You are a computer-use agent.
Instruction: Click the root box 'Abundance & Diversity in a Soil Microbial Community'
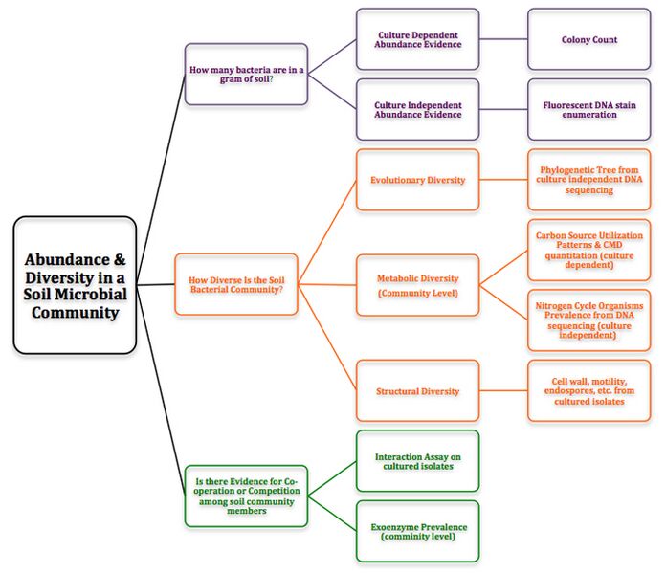[75, 285]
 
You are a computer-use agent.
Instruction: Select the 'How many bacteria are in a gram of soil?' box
[246, 74]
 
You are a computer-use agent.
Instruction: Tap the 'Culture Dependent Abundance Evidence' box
[417, 39]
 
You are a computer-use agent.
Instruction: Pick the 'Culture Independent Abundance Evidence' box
[417, 108]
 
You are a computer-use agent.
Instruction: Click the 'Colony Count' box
[588, 39]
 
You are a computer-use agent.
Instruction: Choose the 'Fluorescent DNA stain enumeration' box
[588, 108]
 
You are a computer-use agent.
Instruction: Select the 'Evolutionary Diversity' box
[417, 179]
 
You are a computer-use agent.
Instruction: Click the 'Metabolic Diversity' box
[417, 285]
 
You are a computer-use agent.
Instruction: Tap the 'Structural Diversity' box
[417, 390]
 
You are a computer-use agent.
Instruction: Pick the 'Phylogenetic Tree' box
[588, 179]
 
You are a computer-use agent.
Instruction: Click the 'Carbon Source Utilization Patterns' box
[588, 250]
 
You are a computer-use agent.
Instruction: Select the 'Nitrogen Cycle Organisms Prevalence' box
[588, 320]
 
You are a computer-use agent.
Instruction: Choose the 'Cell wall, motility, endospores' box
[588, 390]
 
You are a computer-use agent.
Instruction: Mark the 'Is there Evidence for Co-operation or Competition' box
[246, 496]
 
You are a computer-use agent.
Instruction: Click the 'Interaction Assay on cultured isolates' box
[417, 461]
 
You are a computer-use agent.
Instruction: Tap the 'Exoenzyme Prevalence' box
[417, 531]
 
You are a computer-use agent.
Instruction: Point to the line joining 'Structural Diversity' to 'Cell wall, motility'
[503, 390]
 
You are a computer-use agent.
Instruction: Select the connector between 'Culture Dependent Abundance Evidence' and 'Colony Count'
[503, 39]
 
